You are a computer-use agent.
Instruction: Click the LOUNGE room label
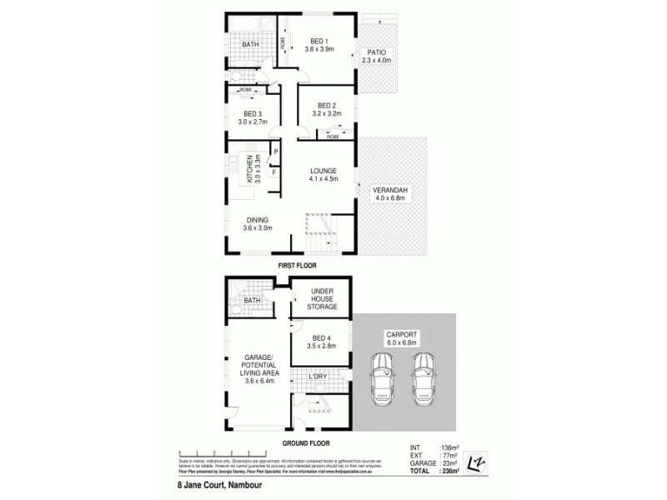tap(321, 172)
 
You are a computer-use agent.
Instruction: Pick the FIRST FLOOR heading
tap(297, 264)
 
